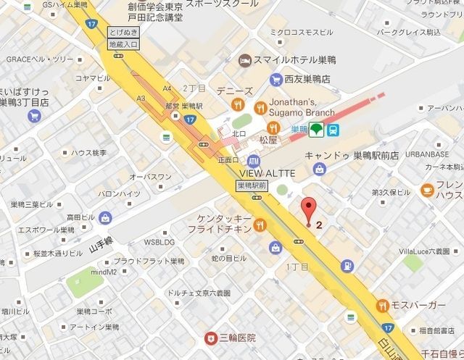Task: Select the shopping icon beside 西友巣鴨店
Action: pyautogui.click(x=275, y=79)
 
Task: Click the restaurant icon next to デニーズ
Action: pyautogui.click(x=236, y=104)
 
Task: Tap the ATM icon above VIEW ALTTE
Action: pyautogui.click(x=253, y=160)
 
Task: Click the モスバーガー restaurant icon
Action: pyautogui.click(x=383, y=306)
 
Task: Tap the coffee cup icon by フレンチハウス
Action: pyautogui.click(x=427, y=190)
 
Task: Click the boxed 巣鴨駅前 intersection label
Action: pyautogui.click(x=252, y=186)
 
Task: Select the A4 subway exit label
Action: pyautogui.click(x=167, y=88)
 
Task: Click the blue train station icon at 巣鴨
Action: pyautogui.click(x=333, y=130)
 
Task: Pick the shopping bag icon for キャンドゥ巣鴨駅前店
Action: pyautogui.click(x=319, y=168)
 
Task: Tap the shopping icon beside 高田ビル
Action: pyautogui.click(x=106, y=217)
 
